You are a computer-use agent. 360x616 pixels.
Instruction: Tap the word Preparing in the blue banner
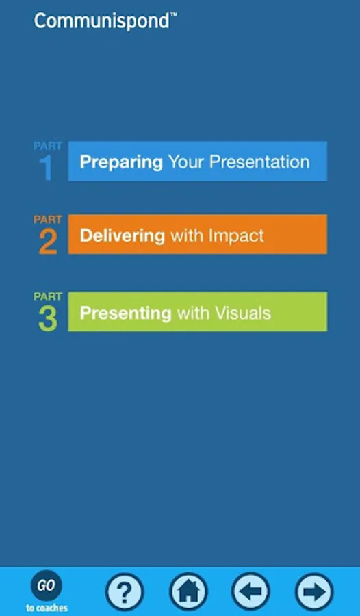[121, 162]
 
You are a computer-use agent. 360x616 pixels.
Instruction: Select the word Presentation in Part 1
[259, 162]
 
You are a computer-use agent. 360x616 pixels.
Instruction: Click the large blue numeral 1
[46, 168]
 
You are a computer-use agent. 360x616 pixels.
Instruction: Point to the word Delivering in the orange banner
[123, 235]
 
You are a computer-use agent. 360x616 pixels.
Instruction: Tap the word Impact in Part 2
[236, 235]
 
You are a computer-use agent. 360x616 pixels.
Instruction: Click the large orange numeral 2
[48, 242]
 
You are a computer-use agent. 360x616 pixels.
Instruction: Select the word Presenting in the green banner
[125, 313]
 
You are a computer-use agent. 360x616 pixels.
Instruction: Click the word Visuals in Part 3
[242, 313]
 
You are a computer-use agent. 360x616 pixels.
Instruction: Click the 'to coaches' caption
[47, 608]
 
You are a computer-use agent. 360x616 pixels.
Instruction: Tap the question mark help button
[125, 591]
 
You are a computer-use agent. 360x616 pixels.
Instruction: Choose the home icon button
[188, 591]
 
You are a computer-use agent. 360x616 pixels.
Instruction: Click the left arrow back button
[250, 591]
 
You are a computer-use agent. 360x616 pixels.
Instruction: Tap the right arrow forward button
[314, 591]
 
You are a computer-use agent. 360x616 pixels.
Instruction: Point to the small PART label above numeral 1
[47, 146]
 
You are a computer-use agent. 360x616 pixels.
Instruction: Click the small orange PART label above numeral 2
[47, 220]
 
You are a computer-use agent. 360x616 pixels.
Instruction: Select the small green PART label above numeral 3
[47, 297]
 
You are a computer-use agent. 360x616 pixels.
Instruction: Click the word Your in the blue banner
[185, 162]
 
